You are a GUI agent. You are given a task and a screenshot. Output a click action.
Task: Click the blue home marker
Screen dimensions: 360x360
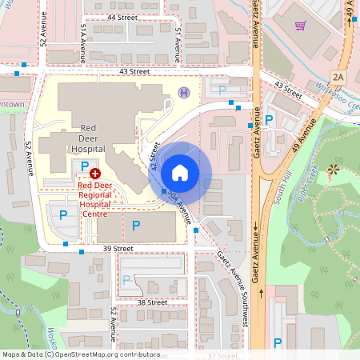(180, 172)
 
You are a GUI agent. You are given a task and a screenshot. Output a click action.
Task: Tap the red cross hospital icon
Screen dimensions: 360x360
(95, 173)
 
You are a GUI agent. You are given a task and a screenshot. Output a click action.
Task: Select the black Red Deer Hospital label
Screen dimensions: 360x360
(88, 138)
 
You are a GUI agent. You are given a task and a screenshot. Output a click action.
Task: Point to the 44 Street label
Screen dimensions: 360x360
(122, 16)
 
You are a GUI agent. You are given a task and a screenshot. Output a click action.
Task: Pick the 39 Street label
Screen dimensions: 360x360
(117, 249)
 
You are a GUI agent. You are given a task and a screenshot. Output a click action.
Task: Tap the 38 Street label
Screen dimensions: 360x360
(151, 303)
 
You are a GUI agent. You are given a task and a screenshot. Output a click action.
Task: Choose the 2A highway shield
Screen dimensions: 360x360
(338, 77)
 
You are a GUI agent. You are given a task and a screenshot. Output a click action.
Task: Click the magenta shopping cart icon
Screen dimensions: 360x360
(300, 26)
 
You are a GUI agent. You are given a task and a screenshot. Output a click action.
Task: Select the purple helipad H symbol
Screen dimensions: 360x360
(184, 93)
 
